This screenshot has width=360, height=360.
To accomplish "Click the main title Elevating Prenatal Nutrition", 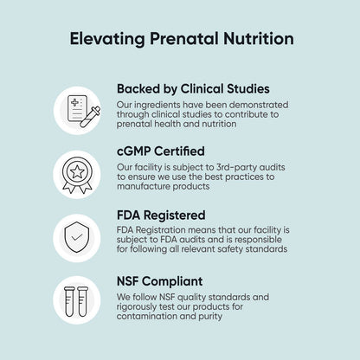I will click(x=180, y=39).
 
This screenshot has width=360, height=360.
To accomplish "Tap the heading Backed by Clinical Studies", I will click(x=193, y=88).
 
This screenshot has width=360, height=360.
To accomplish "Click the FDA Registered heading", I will click(x=160, y=214).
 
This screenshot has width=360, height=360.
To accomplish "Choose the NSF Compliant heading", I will click(x=162, y=280).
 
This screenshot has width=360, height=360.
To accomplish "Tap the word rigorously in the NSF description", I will click(x=143, y=305).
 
